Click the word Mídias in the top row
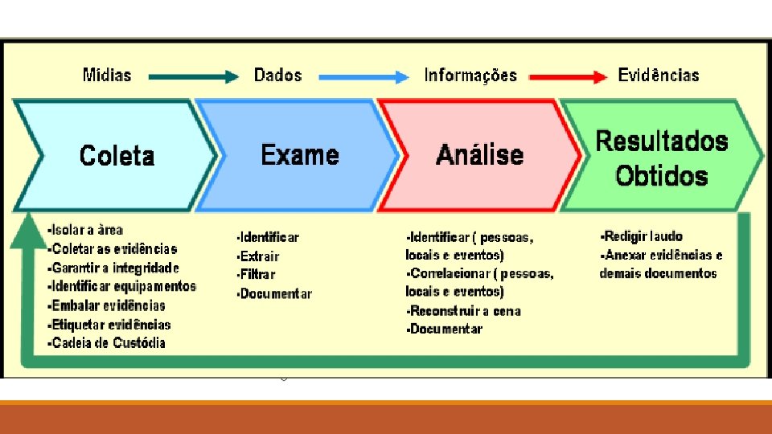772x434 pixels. (107, 76)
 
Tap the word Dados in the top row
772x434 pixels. (277, 76)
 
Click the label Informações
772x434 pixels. (470, 76)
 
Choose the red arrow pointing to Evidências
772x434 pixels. (567, 77)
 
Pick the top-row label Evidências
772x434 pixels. (659, 76)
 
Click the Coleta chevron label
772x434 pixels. (117, 155)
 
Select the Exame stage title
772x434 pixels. (300, 154)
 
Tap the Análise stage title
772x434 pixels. (479, 155)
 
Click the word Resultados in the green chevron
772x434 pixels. (661, 141)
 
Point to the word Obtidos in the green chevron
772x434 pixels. (661, 176)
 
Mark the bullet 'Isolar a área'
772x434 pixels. (86, 231)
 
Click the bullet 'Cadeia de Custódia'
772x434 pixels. (108, 343)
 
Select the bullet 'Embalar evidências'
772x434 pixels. (108, 305)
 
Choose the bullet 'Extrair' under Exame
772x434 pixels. (259, 256)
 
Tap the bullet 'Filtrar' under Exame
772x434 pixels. (257, 275)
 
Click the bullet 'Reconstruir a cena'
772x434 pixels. (465, 311)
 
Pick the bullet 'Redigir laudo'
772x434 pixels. (643, 236)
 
